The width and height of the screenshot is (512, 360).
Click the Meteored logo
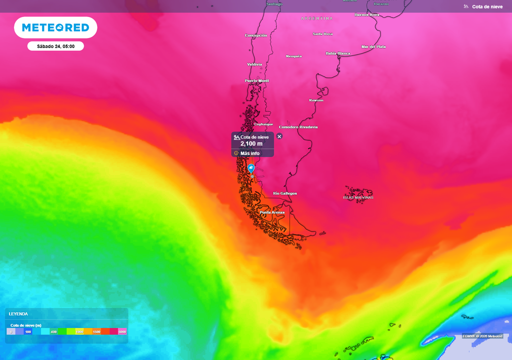coord(55,28)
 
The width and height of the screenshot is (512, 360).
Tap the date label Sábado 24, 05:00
coord(55,46)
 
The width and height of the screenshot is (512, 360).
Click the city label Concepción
coord(255,35)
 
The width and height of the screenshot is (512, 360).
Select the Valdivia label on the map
coord(254,64)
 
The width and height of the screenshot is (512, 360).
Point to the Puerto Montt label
coord(257,80)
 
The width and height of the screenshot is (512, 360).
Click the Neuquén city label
coord(293,56)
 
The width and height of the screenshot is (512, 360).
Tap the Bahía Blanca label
coord(338,53)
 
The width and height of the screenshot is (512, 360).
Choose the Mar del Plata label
coord(373,47)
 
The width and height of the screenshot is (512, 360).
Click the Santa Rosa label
coord(322,34)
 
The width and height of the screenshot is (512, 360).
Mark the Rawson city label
coord(316,100)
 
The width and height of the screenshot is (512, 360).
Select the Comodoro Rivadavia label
coord(298,127)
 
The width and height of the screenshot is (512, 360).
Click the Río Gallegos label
coord(285,193)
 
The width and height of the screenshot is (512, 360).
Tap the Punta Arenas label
coord(272,212)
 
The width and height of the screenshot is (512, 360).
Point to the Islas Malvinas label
coord(358,197)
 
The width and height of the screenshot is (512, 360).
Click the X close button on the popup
coord(279,136)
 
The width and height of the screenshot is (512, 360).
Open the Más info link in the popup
coord(249,153)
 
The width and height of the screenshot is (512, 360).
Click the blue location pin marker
coord(251,168)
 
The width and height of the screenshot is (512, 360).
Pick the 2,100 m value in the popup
coord(251,144)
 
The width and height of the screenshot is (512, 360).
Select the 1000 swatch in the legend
coord(79,331)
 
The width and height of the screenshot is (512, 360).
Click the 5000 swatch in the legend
coord(122,331)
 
